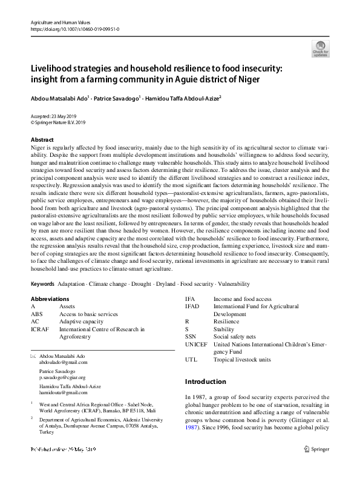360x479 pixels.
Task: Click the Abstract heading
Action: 42,140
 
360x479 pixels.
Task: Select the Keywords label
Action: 42,283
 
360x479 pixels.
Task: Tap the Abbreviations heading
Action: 50,299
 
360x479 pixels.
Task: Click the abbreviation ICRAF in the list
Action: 39,329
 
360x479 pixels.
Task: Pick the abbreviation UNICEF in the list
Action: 196,344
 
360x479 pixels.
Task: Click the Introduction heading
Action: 205,382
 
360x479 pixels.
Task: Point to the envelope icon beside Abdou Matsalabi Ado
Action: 33,355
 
